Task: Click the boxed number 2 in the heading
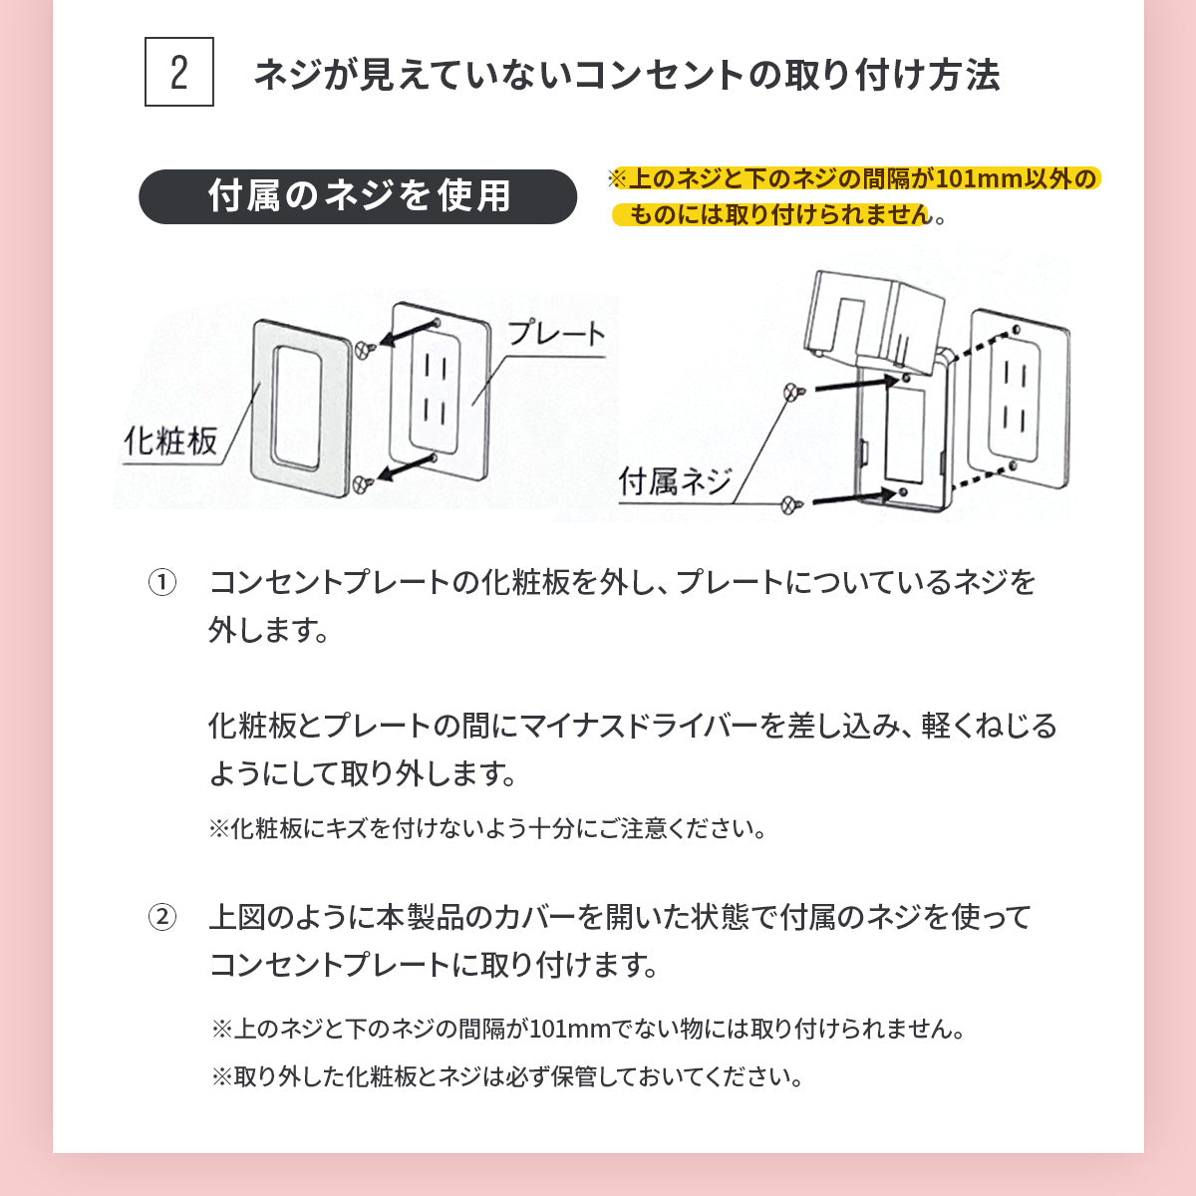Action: pos(178,72)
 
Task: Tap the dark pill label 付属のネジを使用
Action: pos(358,196)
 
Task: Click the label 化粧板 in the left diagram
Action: pos(170,442)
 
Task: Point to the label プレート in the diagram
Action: pos(556,333)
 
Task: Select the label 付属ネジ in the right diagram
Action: pos(676,481)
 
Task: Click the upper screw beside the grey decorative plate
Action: pos(365,349)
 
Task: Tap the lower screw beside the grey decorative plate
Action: pos(364,483)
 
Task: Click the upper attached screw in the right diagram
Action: pos(793,392)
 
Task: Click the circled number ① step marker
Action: pos(162,582)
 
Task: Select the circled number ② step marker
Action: pos(162,917)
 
